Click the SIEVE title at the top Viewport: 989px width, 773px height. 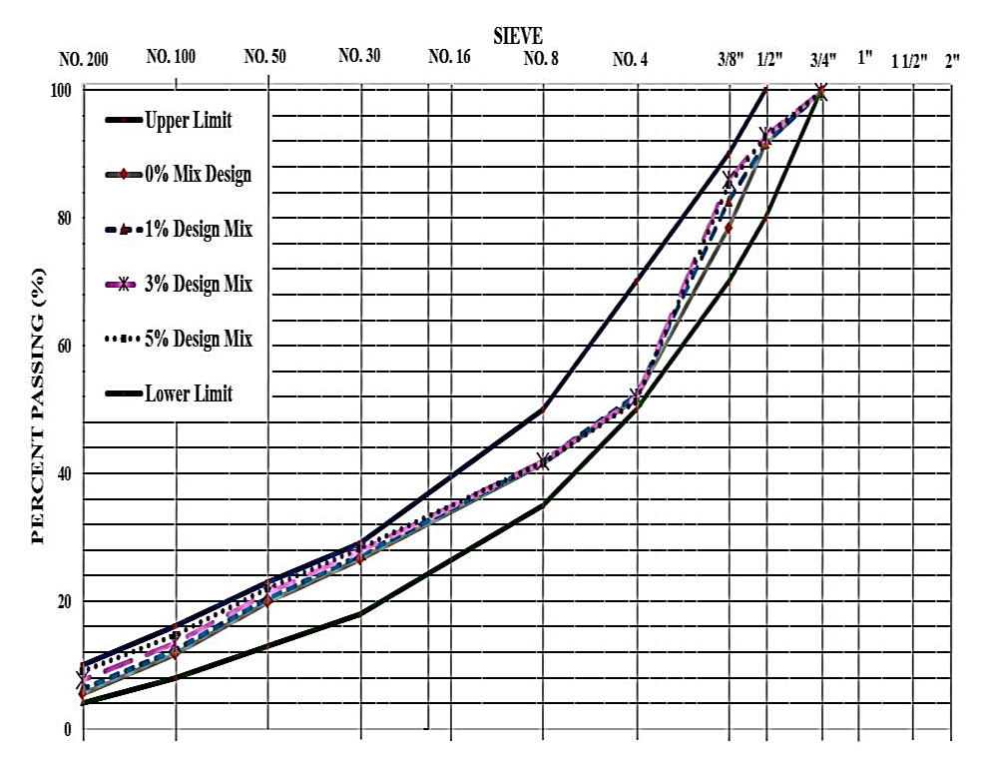[x=517, y=37]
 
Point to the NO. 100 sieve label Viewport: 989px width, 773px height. [x=171, y=57]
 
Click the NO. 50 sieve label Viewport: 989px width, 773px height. [x=265, y=57]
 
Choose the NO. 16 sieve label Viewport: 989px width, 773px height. [x=449, y=57]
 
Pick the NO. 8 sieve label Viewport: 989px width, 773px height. [x=541, y=59]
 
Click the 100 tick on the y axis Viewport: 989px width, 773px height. [x=62, y=91]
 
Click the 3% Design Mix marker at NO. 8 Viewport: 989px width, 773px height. [x=543, y=460]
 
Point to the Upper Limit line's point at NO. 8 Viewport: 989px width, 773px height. [x=544, y=408]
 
